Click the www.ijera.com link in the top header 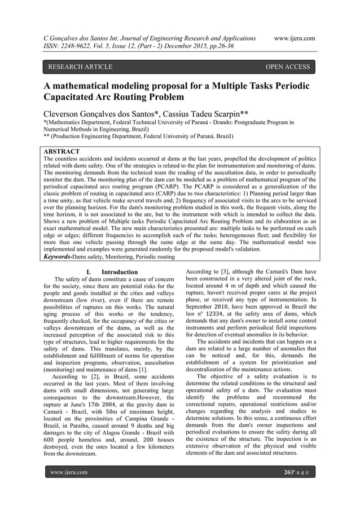[x=293, y=38]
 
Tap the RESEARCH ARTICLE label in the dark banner [x=80, y=67]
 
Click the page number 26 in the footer [x=289, y=471]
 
